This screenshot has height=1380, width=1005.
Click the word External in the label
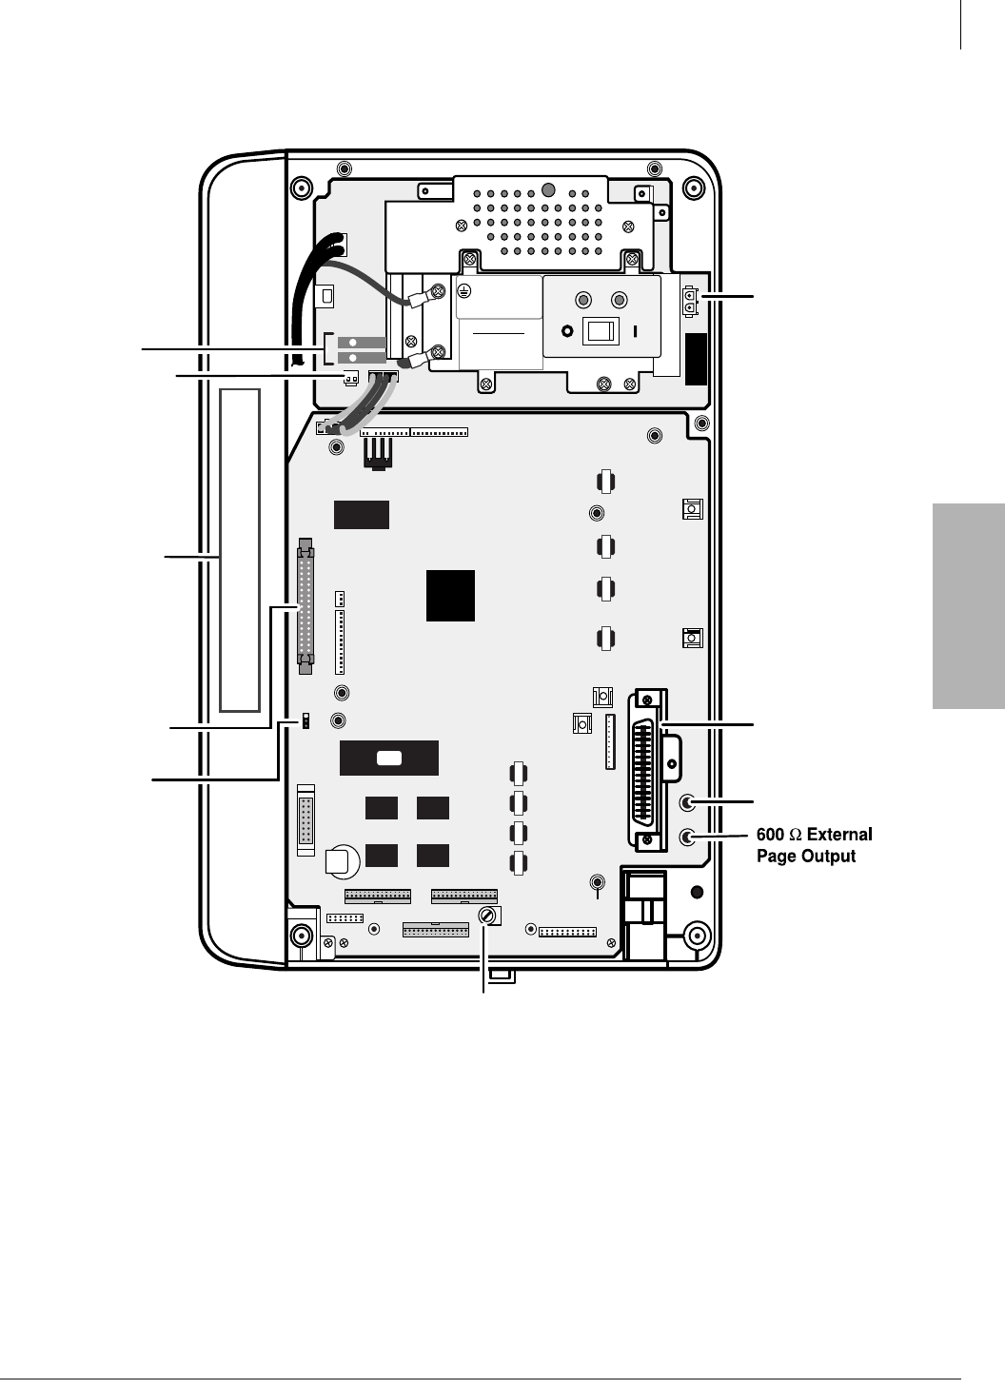tap(839, 835)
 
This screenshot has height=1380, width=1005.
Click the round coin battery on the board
tap(341, 861)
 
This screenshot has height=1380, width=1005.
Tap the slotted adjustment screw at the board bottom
tap(487, 916)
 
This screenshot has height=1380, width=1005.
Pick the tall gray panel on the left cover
tap(239, 549)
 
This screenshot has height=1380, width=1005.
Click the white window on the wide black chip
tap(389, 759)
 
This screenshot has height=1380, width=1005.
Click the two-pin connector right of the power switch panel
tap(691, 301)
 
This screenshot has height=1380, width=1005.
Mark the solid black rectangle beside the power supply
tap(697, 359)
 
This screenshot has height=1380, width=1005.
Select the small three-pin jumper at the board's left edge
tap(306, 721)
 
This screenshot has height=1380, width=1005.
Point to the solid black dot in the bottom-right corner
tap(697, 892)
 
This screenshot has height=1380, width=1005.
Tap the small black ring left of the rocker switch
tap(567, 332)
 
